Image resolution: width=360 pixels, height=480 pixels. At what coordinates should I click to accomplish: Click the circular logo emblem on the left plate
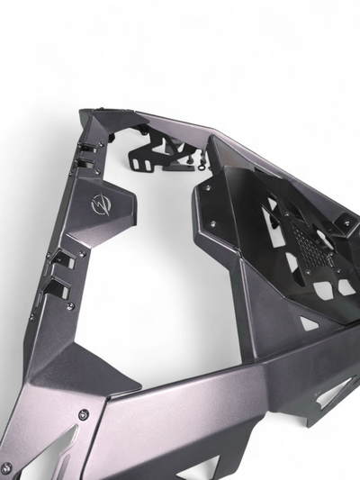pos(97,205)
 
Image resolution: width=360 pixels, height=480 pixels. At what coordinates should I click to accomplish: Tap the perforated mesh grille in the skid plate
pos(310,238)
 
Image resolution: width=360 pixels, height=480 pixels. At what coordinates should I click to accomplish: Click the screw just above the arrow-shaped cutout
pos(83,414)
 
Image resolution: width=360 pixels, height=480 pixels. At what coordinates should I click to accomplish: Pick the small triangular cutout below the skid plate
pos(309,322)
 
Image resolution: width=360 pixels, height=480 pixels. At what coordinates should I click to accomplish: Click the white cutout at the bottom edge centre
pos(200,469)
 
